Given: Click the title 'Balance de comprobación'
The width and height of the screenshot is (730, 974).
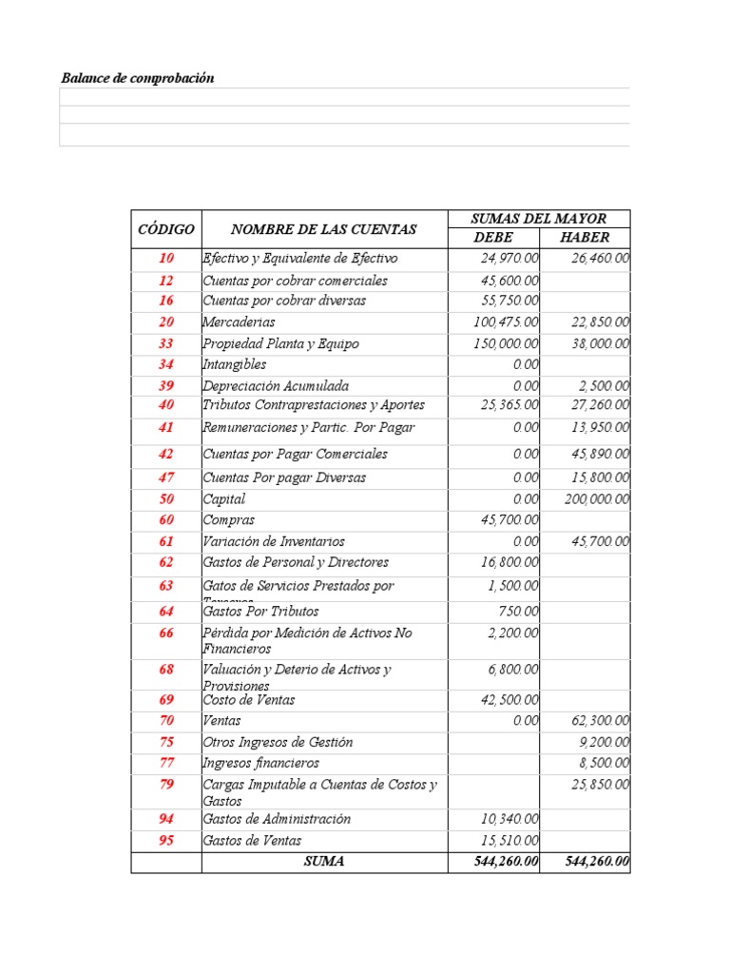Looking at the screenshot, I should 137,78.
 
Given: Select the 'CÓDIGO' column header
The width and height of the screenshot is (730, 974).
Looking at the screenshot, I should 166,229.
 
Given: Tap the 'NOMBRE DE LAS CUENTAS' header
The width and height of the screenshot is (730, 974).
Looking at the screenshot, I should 323,229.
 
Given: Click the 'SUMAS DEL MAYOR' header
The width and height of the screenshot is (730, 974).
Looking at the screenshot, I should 538,219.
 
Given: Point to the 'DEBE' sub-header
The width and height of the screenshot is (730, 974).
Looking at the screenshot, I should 493,238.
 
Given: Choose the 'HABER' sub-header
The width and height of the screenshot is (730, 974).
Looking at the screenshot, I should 585,238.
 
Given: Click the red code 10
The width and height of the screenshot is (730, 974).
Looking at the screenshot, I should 166,259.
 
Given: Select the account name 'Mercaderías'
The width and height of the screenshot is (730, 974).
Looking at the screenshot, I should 239,322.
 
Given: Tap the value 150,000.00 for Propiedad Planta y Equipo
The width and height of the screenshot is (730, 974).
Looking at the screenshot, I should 507,344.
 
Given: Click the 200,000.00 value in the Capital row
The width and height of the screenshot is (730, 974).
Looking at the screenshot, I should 596,499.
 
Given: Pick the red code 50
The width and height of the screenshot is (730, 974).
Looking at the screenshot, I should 166,499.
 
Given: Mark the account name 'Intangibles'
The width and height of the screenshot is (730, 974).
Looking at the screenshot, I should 234,364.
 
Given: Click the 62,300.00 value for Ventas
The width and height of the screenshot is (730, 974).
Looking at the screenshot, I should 600,721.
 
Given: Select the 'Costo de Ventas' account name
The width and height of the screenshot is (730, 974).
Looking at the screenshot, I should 248,700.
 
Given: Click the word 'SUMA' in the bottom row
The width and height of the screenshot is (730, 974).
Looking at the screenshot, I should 324,862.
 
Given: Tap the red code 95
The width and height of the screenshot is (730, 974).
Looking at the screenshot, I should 166,841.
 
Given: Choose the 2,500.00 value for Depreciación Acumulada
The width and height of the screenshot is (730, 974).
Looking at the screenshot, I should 604,386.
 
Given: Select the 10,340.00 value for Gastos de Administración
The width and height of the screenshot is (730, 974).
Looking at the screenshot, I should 510,819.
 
